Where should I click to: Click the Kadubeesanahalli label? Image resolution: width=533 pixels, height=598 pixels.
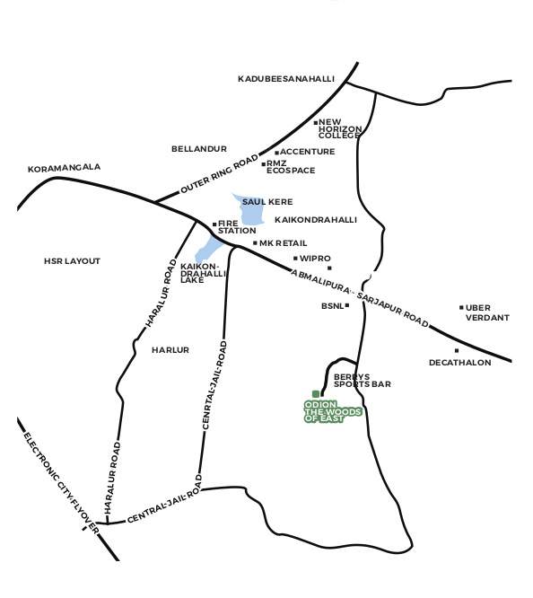(x=285, y=79)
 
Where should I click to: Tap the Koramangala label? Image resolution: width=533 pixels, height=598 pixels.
(x=64, y=168)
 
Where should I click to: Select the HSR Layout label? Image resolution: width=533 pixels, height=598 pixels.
(x=72, y=261)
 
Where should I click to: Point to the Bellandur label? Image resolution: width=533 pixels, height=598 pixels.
(x=199, y=149)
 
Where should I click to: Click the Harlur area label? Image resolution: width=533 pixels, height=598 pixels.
(x=170, y=350)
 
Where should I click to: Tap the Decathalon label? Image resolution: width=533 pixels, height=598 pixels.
(x=459, y=363)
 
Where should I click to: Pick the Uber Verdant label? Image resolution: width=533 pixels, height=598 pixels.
(x=487, y=312)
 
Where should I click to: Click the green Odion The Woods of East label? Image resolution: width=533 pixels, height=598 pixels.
(x=332, y=411)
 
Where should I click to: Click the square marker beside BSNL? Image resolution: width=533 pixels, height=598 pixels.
(x=347, y=305)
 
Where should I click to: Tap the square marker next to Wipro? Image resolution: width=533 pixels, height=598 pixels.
(x=295, y=259)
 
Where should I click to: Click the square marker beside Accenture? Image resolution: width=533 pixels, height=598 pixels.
(x=276, y=153)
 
